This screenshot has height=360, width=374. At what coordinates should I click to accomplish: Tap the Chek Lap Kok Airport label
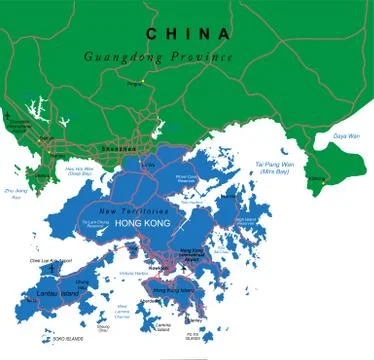click(x=51, y=260)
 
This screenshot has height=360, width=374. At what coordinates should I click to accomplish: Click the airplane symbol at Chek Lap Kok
click(x=41, y=270)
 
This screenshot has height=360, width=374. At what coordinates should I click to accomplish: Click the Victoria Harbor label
click(x=133, y=272)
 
